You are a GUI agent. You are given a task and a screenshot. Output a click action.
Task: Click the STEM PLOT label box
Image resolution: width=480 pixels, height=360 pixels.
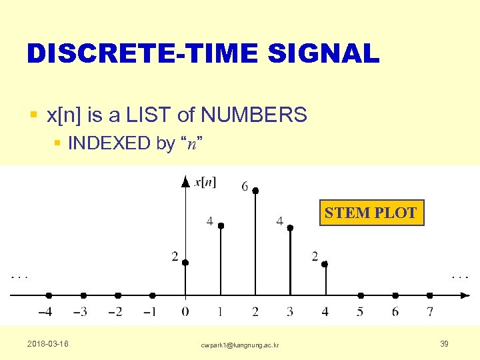tap(371, 213)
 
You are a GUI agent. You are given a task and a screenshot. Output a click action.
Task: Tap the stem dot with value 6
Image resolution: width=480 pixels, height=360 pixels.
tap(255, 191)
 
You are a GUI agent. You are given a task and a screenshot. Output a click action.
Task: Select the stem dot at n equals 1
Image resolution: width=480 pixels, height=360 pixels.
tap(221, 225)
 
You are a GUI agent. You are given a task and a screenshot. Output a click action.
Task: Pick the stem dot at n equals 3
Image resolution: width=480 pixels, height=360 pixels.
tap(290, 228)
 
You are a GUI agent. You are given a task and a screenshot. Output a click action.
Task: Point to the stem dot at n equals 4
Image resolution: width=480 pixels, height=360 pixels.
tap(325, 264)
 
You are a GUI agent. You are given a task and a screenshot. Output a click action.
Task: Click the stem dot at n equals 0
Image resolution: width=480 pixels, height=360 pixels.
tap(185, 263)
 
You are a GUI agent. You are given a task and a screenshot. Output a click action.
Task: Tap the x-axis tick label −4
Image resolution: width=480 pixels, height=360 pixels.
tap(46, 311)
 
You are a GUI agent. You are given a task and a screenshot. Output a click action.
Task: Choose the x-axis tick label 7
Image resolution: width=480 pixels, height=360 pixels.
tap(430, 311)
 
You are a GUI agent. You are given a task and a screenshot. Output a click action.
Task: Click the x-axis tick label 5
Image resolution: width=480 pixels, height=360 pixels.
tap(361, 311)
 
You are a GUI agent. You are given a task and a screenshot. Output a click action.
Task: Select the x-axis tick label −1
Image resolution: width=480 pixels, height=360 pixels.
tap(150, 311)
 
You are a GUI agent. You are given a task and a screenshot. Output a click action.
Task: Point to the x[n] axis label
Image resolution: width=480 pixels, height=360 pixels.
tap(204, 182)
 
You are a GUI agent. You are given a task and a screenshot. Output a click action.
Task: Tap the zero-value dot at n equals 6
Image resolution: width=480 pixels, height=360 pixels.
tap(395, 295)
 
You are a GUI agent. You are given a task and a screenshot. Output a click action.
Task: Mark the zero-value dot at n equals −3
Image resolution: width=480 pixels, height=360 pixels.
tap(83, 295)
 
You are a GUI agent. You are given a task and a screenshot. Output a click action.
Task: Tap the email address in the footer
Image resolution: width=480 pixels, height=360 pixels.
tap(240, 345)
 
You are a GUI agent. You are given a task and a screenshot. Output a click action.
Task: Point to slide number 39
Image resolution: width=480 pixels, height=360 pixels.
tap(444, 343)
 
